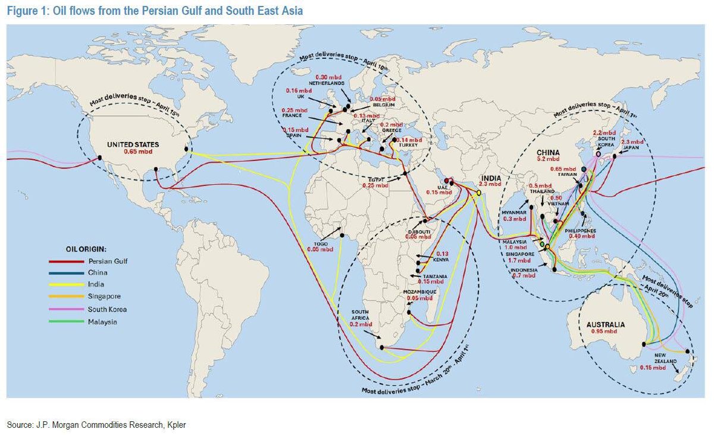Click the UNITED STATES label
click(x=133, y=144)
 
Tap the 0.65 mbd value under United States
click(x=134, y=152)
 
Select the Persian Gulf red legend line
click(x=65, y=261)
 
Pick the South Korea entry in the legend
click(x=108, y=309)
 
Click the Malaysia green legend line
click(x=65, y=322)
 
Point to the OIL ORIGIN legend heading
click(x=90, y=248)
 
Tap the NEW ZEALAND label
click(x=659, y=361)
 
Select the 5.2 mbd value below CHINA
click(x=547, y=159)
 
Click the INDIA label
click(x=491, y=178)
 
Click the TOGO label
click(x=318, y=243)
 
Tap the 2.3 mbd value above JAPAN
click(x=632, y=142)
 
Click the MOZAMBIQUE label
click(x=420, y=291)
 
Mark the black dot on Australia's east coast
click(x=644, y=344)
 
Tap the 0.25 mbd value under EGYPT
click(x=375, y=185)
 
